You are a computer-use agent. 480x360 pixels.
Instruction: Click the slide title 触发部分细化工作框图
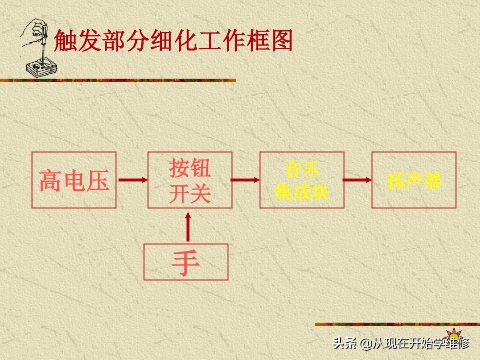click(173, 41)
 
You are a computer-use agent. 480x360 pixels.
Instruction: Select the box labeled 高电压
click(74, 180)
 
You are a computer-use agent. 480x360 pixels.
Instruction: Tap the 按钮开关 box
click(190, 180)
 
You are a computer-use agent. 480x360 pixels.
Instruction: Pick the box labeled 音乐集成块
click(302, 180)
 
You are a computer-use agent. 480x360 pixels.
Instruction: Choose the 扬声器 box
click(414, 180)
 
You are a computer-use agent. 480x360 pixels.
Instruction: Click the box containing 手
click(186, 262)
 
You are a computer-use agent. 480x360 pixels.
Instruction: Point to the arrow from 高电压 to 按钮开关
click(132, 180)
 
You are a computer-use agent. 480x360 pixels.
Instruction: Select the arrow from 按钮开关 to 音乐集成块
click(246, 180)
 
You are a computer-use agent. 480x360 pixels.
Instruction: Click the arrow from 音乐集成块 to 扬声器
click(358, 180)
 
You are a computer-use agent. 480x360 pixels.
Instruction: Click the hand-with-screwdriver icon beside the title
click(36, 47)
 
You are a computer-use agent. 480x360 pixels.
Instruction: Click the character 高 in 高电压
click(50, 180)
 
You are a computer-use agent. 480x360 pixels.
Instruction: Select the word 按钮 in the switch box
click(190, 169)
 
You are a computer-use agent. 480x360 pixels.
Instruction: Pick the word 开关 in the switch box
click(190, 193)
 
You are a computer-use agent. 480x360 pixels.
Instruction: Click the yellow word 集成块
click(302, 192)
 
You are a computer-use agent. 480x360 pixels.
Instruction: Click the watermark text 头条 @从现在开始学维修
click(401, 344)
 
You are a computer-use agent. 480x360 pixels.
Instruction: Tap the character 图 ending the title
click(281, 41)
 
